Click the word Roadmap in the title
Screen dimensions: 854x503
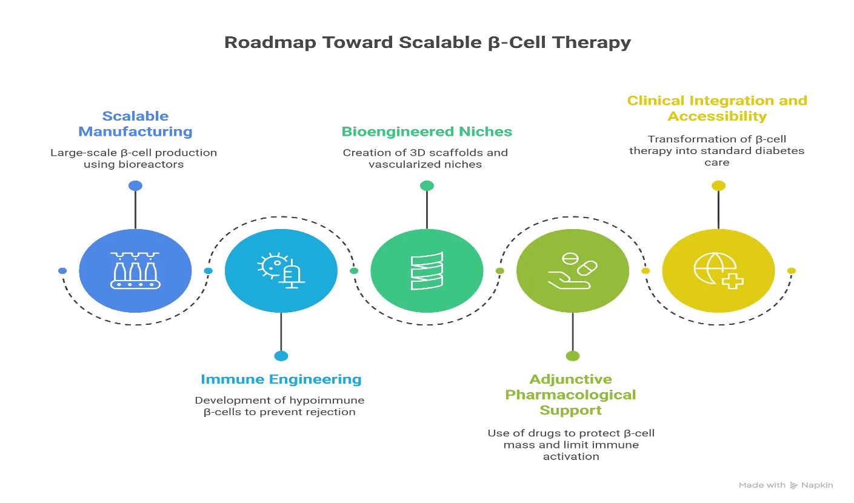270,42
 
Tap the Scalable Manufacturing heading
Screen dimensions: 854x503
135,124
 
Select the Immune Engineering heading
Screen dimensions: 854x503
281,379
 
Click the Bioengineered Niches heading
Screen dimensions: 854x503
427,132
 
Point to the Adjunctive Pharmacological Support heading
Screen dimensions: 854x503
571,395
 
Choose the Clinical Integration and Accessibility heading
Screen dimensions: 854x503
717,108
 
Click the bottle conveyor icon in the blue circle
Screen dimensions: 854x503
135,270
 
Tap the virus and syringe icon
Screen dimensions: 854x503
281,270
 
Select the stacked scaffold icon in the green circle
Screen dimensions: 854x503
427,271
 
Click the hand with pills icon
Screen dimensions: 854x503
572,271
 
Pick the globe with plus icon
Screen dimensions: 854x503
718,271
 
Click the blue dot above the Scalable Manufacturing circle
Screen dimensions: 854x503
135,185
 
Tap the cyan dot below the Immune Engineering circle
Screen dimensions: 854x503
281,356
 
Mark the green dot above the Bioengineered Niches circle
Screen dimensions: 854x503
427,185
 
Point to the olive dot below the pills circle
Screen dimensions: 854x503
573,356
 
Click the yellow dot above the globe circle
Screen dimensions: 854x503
718,185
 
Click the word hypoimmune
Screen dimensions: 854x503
327,401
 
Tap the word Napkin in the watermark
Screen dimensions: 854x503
817,485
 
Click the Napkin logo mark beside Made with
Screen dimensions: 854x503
794,485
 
